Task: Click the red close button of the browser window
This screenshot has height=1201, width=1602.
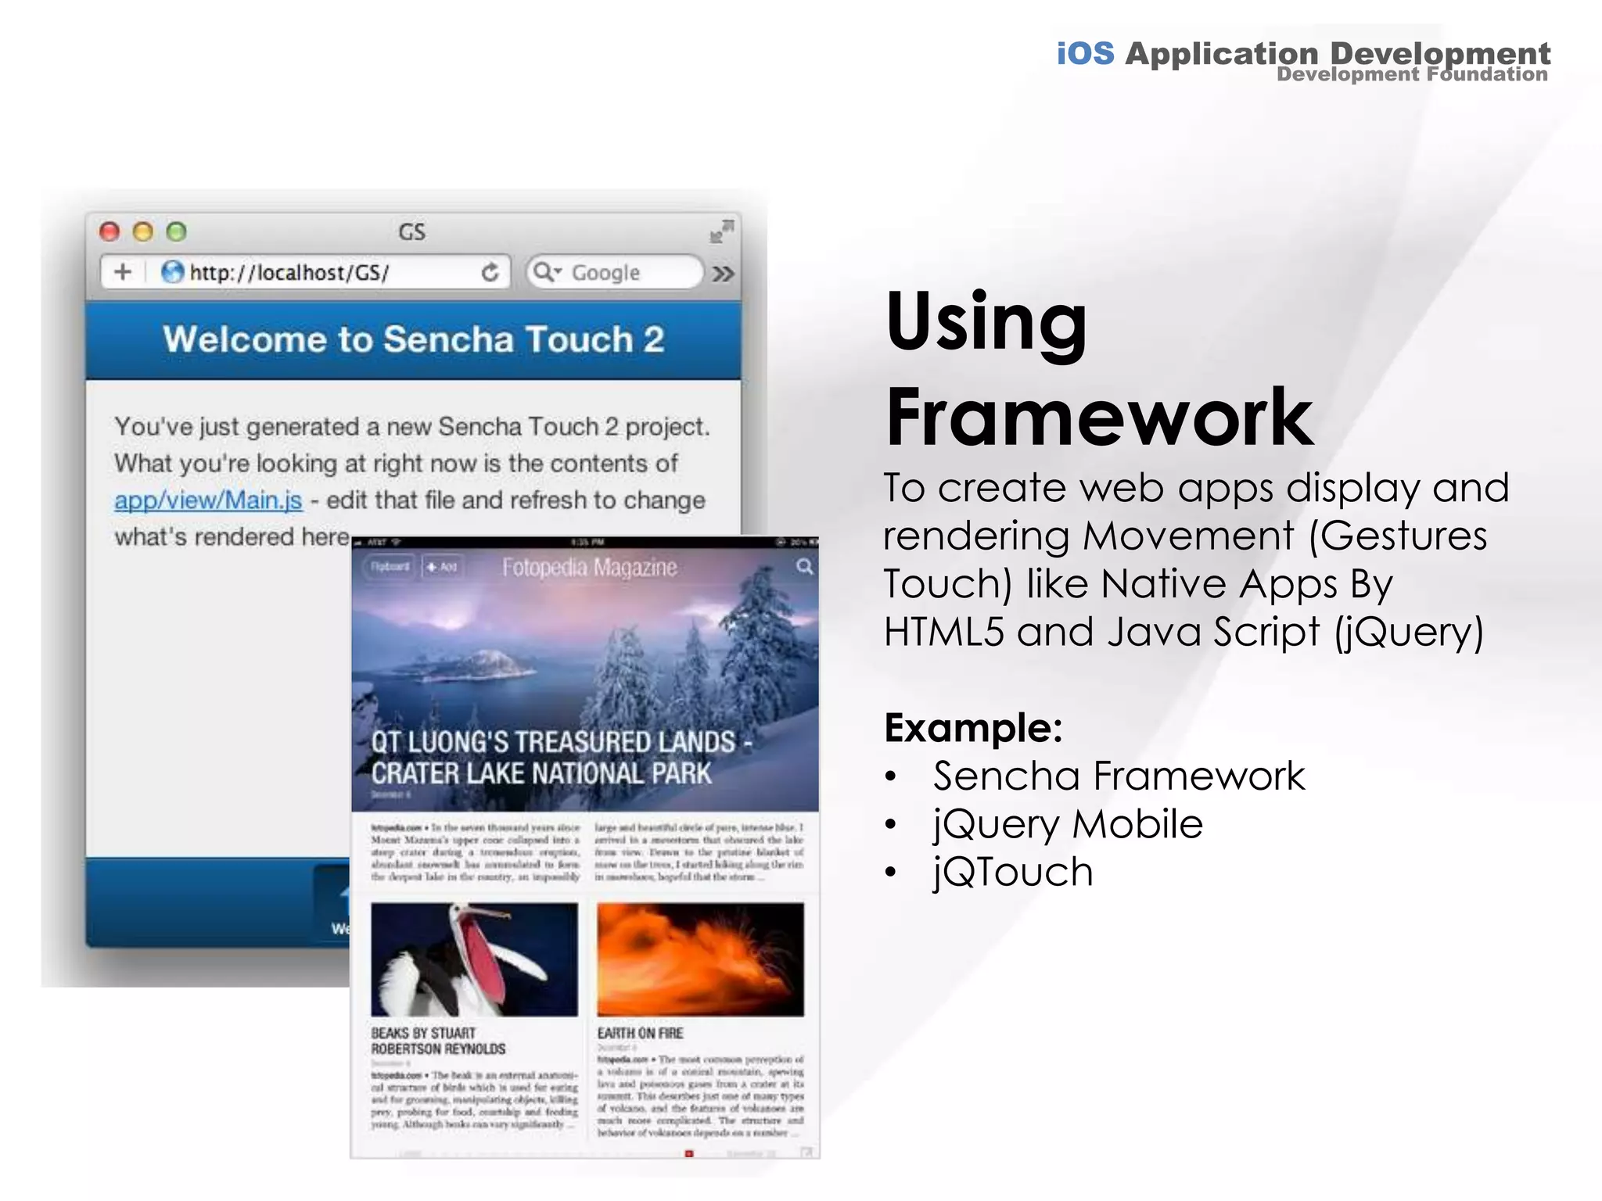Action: pyautogui.click(x=110, y=231)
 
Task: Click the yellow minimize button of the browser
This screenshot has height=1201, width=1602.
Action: pyautogui.click(x=143, y=231)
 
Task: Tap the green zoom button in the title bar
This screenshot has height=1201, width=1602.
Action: pyautogui.click(x=177, y=231)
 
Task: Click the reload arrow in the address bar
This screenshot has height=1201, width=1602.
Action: pyautogui.click(x=490, y=272)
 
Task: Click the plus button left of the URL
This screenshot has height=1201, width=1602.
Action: pyautogui.click(x=123, y=272)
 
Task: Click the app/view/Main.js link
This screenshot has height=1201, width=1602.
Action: pyautogui.click(x=208, y=500)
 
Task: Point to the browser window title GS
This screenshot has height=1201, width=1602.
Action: pyautogui.click(x=412, y=232)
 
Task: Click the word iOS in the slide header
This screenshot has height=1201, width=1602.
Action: pyautogui.click(x=1085, y=53)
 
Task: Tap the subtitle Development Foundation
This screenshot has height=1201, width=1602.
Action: pyautogui.click(x=1412, y=75)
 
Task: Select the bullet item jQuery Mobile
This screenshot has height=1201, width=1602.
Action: pyautogui.click(x=1068, y=823)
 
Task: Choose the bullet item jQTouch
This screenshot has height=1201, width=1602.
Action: pyautogui.click(x=1013, y=872)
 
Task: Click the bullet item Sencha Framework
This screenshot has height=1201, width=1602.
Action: pyautogui.click(x=1119, y=776)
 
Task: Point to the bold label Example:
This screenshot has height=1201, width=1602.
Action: pyautogui.click(x=973, y=728)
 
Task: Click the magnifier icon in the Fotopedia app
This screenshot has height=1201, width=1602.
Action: pyautogui.click(x=804, y=566)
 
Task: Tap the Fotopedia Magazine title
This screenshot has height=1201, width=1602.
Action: pyautogui.click(x=589, y=567)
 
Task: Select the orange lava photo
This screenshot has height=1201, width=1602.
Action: pyautogui.click(x=700, y=959)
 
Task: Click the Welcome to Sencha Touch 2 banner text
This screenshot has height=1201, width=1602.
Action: pyautogui.click(x=413, y=339)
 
